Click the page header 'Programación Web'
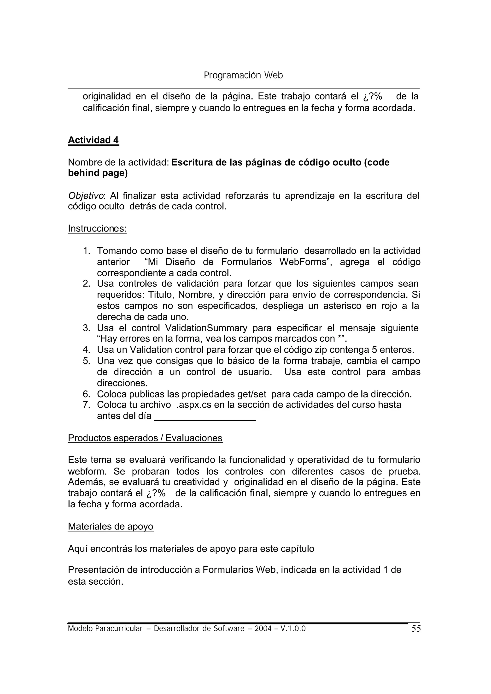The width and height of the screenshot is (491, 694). [x=243, y=75]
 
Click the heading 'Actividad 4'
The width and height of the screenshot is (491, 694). [x=94, y=140]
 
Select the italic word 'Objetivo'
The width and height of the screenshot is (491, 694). [x=86, y=196]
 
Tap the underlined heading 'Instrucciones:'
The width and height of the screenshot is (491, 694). [x=97, y=228]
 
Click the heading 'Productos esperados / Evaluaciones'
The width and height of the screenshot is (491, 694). [x=145, y=438]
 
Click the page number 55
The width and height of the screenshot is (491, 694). [x=416, y=629]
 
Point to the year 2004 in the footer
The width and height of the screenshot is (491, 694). [x=263, y=629]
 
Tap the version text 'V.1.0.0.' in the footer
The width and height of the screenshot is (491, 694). [x=294, y=629]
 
